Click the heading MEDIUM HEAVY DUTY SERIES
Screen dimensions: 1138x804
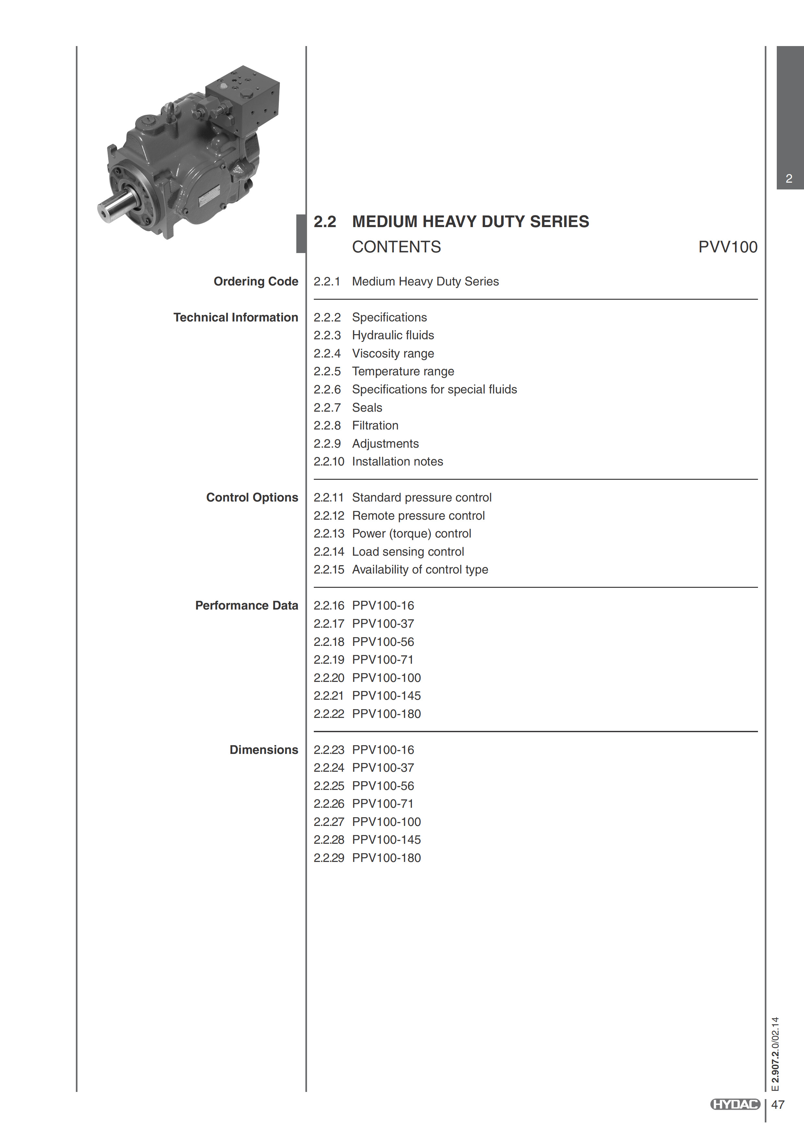point(470,222)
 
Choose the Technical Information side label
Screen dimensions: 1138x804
point(235,317)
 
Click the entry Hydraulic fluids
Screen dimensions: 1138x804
point(393,335)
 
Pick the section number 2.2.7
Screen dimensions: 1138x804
point(327,407)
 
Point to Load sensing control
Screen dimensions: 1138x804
point(408,552)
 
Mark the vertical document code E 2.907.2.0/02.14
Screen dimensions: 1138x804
point(775,1053)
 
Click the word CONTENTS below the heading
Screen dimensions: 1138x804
point(396,247)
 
